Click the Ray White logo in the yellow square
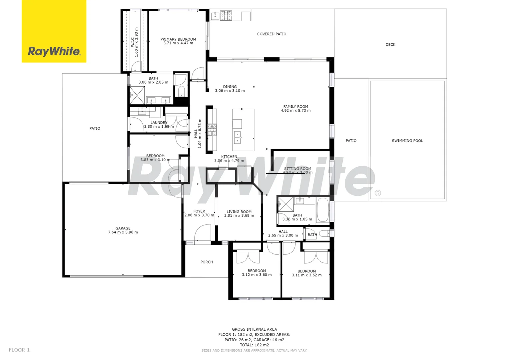(54, 51)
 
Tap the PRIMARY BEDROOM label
(178, 39)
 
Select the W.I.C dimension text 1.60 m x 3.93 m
(136, 42)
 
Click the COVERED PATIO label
(271, 34)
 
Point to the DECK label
(390, 45)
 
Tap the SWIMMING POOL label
(407, 141)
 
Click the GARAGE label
(123, 228)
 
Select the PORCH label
(207, 262)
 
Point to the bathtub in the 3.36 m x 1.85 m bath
(322, 210)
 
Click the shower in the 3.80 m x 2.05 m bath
(137, 95)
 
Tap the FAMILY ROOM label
(295, 107)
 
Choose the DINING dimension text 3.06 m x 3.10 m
(230, 91)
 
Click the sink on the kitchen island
(238, 137)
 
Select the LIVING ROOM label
(239, 212)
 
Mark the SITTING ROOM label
(297, 169)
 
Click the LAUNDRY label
(159, 123)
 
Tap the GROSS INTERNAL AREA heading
(254, 329)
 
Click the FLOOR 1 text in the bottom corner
(19, 350)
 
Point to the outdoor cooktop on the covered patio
(226, 15)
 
